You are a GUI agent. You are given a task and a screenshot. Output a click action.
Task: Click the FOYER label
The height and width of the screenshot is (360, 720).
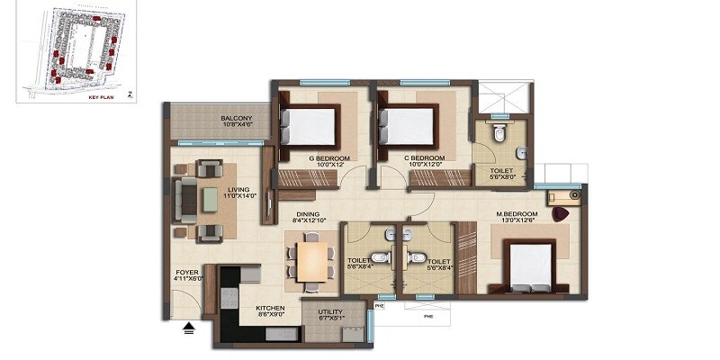click(188, 272)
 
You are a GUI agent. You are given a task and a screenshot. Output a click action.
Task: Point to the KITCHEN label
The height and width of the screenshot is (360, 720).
click(270, 309)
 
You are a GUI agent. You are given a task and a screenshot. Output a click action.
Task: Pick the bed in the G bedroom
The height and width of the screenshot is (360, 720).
click(310, 125)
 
